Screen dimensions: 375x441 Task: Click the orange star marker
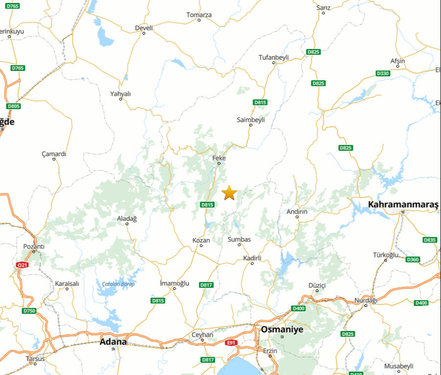click(229, 193)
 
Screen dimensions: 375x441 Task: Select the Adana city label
click(113, 342)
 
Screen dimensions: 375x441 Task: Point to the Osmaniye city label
click(282, 329)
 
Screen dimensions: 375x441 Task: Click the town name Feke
click(219, 158)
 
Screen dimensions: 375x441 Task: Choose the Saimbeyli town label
click(251, 119)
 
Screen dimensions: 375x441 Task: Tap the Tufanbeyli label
click(274, 57)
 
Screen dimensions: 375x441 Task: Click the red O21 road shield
click(22, 265)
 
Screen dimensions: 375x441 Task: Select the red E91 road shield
click(232, 343)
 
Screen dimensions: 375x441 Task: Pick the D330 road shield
click(383, 73)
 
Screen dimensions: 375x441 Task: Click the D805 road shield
click(14, 106)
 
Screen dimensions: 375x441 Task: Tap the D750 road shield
click(29, 311)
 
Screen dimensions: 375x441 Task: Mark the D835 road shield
click(430, 240)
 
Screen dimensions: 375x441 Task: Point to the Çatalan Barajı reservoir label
click(118, 284)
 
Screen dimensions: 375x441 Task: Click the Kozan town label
click(201, 240)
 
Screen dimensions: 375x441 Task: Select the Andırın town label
click(297, 211)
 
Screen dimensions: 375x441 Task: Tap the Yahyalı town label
click(120, 94)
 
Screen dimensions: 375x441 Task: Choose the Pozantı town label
click(34, 247)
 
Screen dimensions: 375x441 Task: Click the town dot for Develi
click(143, 33)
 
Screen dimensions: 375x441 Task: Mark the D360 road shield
click(413, 259)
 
